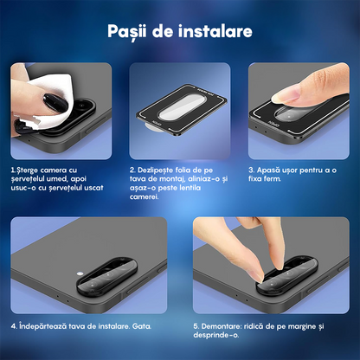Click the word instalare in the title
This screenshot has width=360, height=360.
216,32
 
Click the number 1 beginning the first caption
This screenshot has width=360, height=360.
13,170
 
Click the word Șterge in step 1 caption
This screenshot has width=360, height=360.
30,170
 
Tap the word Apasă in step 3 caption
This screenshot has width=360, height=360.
270,170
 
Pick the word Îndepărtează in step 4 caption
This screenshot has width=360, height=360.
42,326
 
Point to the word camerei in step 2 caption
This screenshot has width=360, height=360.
145,197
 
